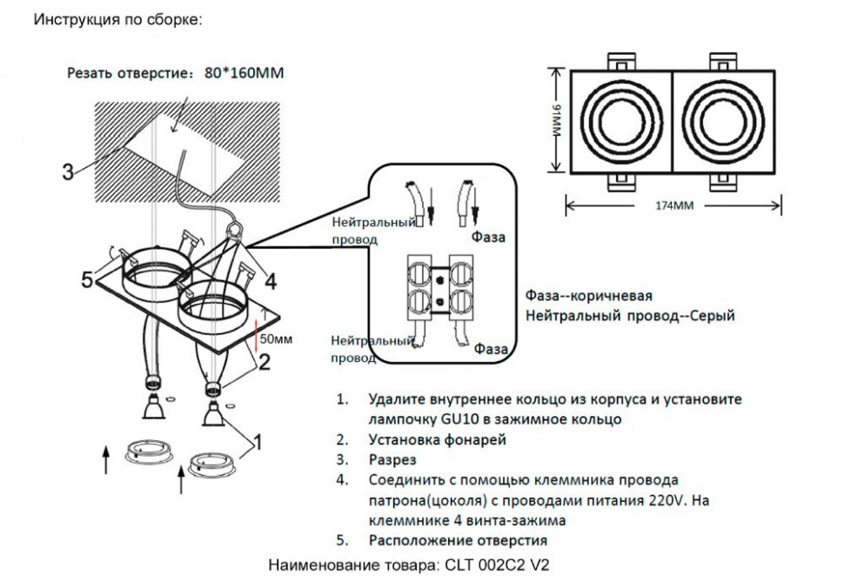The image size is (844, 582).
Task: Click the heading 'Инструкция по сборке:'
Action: [x=117, y=19]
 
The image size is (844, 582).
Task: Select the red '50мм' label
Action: [x=277, y=338]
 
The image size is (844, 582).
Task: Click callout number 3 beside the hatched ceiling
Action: [x=68, y=171]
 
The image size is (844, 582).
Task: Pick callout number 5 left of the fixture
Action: [x=87, y=279]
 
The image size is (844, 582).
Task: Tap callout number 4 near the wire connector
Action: [x=271, y=281]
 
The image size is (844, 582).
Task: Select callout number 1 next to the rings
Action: [x=258, y=442]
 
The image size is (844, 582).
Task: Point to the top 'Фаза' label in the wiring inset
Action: [x=488, y=236]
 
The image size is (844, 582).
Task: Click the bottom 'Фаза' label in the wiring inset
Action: [x=492, y=349]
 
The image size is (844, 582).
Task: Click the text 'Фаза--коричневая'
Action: [x=589, y=296]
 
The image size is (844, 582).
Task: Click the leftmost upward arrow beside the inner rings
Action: [x=106, y=458]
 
